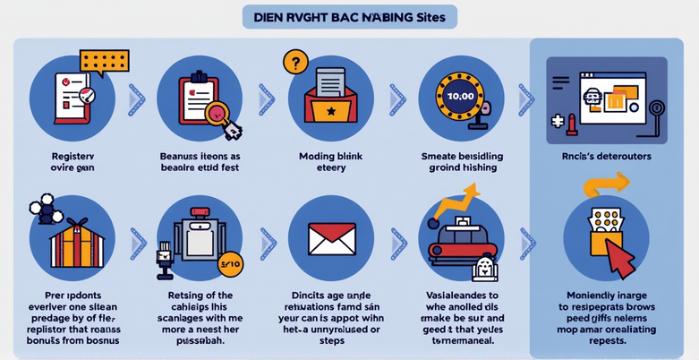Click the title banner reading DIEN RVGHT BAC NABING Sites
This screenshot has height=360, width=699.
pos(349,16)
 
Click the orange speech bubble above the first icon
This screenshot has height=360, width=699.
pos(104,61)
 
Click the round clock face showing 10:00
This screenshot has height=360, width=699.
pos(459,95)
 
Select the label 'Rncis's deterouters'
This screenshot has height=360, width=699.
pos(605,156)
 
